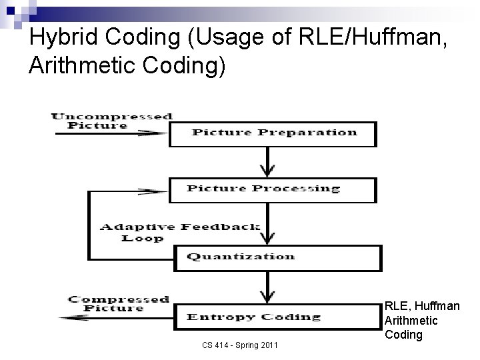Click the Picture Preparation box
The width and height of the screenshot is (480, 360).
(x=273, y=132)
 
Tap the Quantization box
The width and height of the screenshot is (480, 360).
(x=278, y=257)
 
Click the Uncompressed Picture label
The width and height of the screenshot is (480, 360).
(x=112, y=121)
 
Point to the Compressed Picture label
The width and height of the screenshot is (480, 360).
(x=119, y=304)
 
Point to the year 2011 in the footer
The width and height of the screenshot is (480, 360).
(x=267, y=345)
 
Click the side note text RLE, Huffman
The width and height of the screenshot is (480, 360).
(x=422, y=306)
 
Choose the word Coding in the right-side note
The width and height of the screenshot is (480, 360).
(x=403, y=335)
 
